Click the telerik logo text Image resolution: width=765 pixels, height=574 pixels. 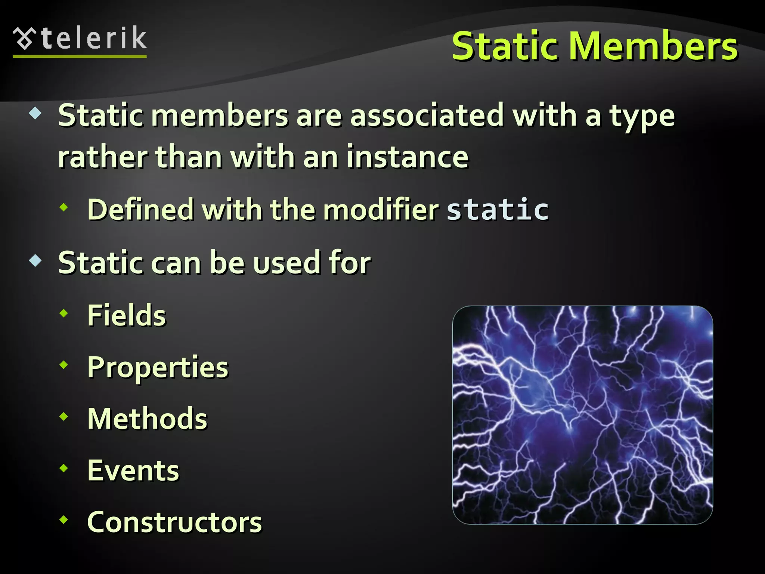click(x=93, y=38)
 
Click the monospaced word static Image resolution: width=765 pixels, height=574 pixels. click(x=498, y=209)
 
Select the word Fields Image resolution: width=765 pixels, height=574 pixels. click(x=127, y=315)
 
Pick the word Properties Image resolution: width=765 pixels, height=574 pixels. click(x=158, y=368)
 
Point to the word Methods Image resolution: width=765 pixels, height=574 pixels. click(x=147, y=419)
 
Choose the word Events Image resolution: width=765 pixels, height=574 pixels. click(x=133, y=470)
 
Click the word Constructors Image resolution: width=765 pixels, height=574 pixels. click(x=174, y=522)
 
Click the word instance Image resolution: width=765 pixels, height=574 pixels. click(x=407, y=157)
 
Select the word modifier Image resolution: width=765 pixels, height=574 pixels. click(x=381, y=209)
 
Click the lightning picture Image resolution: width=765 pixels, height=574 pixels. click(x=582, y=415)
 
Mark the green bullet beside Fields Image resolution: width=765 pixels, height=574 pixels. click(x=64, y=314)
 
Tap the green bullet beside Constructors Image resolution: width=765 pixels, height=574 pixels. click(x=64, y=519)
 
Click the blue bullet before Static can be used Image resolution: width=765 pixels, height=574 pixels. click(x=35, y=260)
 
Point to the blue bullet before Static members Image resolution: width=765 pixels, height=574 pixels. click(x=35, y=113)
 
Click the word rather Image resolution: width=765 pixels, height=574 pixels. click(x=103, y=157)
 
